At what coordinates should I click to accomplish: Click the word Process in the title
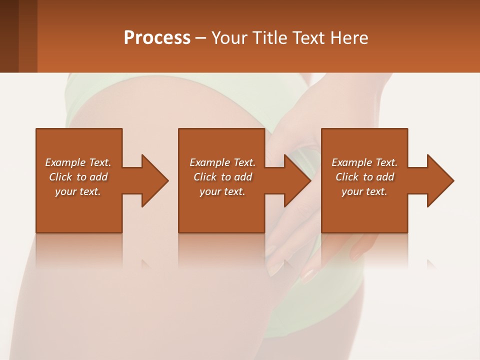pos(157,38)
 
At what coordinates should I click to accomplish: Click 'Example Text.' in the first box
pos(78,162)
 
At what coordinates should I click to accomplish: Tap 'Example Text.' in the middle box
pos(222,162)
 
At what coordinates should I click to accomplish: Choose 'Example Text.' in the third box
pos(364,162)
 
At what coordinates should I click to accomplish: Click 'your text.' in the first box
pos(78,191)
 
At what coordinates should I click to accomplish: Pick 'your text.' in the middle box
pos(222,191)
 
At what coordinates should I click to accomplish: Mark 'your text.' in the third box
pos(364,191)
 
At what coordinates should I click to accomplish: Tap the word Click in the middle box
pos(205,177)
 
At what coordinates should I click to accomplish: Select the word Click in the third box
pos(347,177)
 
